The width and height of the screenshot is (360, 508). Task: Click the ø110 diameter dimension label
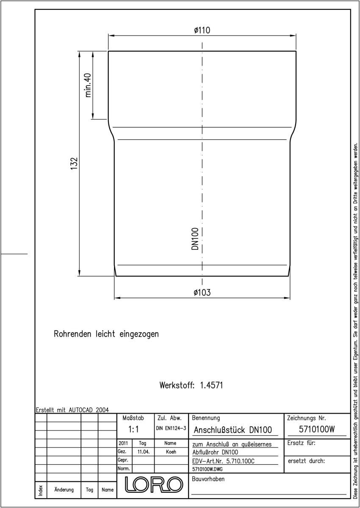(202, 30)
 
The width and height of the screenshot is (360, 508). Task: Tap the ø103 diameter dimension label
(202, 293)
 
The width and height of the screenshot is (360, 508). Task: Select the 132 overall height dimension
(74, 163)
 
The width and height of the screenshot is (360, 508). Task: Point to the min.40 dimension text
(88, 85)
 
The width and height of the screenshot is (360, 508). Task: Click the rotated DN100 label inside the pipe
(195, 239)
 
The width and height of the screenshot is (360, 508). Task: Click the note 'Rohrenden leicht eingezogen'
(106, 334)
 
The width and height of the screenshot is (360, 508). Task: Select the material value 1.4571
(211, 385)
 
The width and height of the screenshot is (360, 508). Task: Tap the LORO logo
(154, 484)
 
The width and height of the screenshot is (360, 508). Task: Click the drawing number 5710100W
(317, 429)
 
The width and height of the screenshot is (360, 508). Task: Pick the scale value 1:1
(133, 429)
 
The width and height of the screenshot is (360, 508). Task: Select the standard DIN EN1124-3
(171, 428)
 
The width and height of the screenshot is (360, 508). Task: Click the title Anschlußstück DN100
(233, 430)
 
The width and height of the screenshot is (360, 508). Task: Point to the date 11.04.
(144, 452)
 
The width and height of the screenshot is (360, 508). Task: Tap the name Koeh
(171, 452)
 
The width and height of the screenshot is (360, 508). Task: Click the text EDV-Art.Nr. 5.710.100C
(224, 461)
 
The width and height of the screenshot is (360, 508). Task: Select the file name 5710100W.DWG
(208, 469)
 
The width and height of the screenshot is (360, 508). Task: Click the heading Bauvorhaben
(208, 479)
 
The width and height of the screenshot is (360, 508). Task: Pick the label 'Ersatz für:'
(301, 443)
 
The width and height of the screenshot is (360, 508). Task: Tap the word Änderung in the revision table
(64, 489)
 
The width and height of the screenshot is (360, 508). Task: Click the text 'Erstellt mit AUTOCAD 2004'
(72, 410)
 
